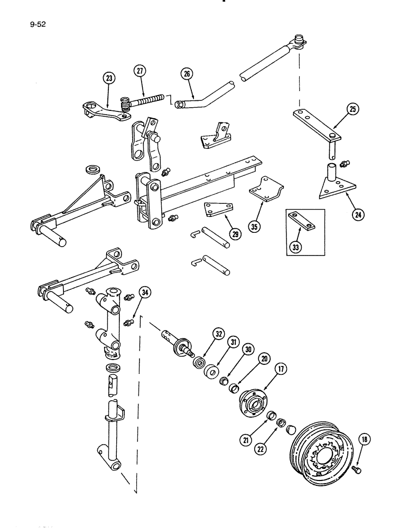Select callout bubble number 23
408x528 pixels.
[x=109, y=79]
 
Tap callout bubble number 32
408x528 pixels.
[x=218, y=334]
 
